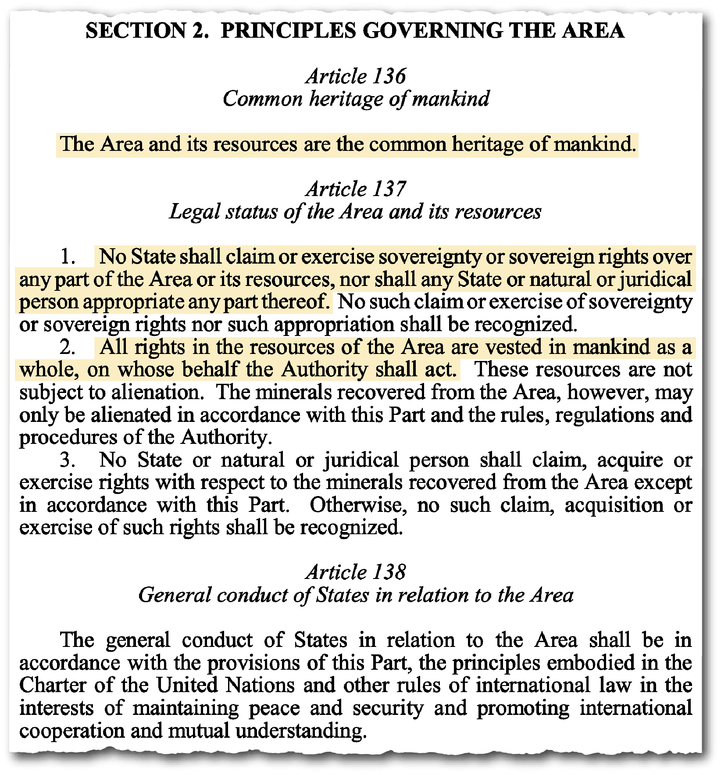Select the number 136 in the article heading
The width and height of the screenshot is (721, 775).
pyautogui.click(x=390, y=76)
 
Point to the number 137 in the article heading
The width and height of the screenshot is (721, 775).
pyautogui.click(x=390, y=189)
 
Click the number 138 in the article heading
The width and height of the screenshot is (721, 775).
pyautogui.click(x=390, y=572)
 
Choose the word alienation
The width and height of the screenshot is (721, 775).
pyautogui.click(x=158, y=393)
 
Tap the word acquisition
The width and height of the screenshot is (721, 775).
pyautogui.click(x=614, y=505)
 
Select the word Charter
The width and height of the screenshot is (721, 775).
pyautogui.click(x=53, y=686)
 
